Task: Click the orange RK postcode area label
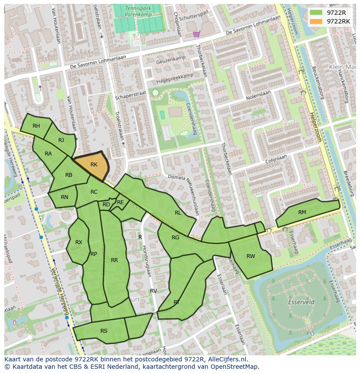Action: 94,165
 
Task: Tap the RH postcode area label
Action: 36,126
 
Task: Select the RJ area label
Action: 61,140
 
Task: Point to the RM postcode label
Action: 302,212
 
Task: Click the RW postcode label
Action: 251,256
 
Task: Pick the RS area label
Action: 104,331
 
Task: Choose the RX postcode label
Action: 79,242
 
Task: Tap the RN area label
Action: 64,197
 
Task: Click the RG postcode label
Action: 175,238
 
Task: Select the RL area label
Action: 178,213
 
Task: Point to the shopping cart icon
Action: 197,34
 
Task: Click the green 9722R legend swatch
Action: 316,13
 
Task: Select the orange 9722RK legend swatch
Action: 316,21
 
